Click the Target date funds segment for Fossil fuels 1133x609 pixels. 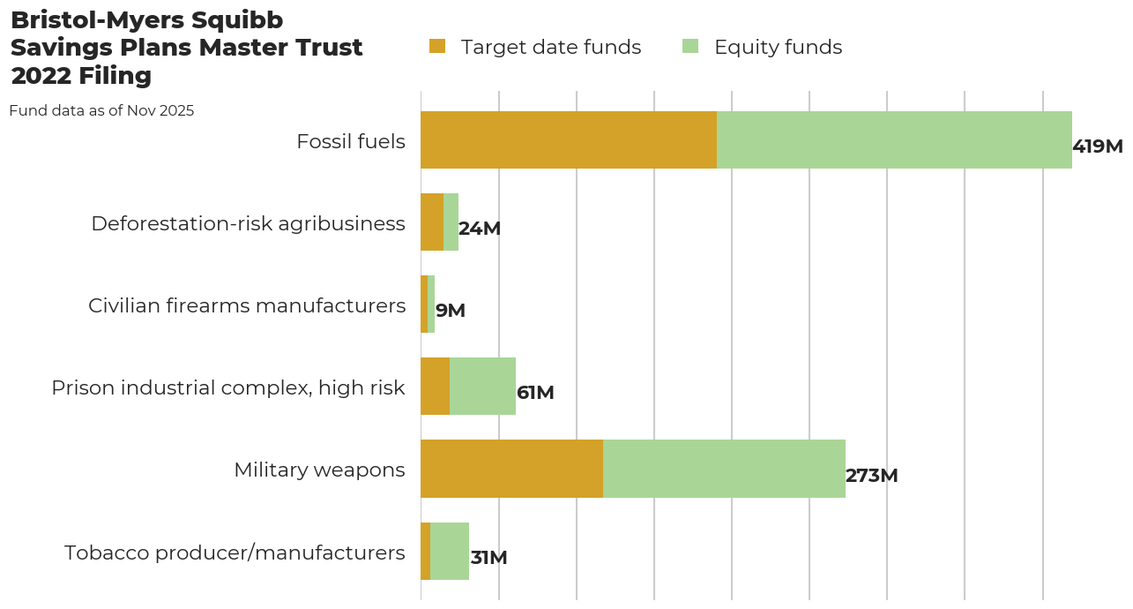click(569, 139)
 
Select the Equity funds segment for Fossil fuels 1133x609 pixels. click(894, 139)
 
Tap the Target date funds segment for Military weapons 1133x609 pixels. click(511, 469)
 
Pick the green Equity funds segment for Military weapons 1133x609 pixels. click(724, 469)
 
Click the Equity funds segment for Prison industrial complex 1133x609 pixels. click(482, 387)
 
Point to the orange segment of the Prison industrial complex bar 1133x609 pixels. click(435, 387)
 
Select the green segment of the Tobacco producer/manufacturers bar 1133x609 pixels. click(450, 551)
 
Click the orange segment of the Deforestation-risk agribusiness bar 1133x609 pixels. click(432, 222)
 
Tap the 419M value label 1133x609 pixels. click(1097, 147)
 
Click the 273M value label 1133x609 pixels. click(871, 476)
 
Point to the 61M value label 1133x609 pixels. click(535, 393)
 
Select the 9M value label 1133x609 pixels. click(450, 311)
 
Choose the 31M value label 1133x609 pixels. click(488, 558)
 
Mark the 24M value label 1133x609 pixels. click(479, 229)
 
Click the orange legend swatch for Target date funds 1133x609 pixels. click(437, 46)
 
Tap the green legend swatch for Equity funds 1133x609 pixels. click(690, 46)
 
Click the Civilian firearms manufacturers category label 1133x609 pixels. click(247, 305)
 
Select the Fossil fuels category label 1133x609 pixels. click(351, 141)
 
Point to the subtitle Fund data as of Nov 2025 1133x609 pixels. click(101, 111)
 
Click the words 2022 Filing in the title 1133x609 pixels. click(81, 76)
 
